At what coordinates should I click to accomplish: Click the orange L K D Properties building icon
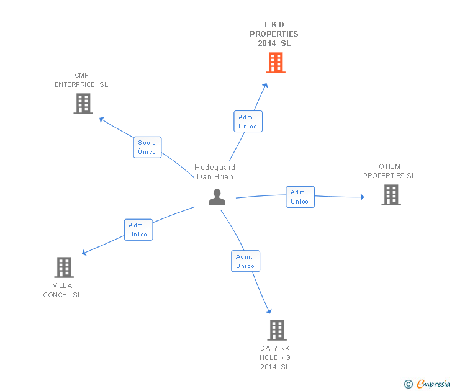276,63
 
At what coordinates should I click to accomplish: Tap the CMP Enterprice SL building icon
83,104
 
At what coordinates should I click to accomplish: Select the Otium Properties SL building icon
391,195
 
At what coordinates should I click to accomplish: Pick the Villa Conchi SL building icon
63,267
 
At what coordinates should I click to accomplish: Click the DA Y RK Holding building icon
276,330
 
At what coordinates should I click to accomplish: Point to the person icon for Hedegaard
217,197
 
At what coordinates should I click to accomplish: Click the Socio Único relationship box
147,147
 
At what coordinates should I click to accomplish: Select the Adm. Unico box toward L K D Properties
248,122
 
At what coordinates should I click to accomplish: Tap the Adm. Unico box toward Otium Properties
299,197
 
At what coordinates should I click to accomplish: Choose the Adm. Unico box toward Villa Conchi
138,230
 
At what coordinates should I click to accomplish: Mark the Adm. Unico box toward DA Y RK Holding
245,261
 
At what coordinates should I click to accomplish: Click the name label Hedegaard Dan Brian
215,172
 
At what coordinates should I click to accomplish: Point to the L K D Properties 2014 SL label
274,34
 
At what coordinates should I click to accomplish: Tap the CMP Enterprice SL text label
81,80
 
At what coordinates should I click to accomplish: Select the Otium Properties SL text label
389,171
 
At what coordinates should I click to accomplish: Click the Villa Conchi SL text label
62,290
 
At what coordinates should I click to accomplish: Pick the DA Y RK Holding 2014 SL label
275,357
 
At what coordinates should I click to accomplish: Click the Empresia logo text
433,384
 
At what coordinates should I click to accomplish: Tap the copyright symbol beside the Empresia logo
409,384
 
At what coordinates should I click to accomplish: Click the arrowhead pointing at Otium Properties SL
362,197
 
